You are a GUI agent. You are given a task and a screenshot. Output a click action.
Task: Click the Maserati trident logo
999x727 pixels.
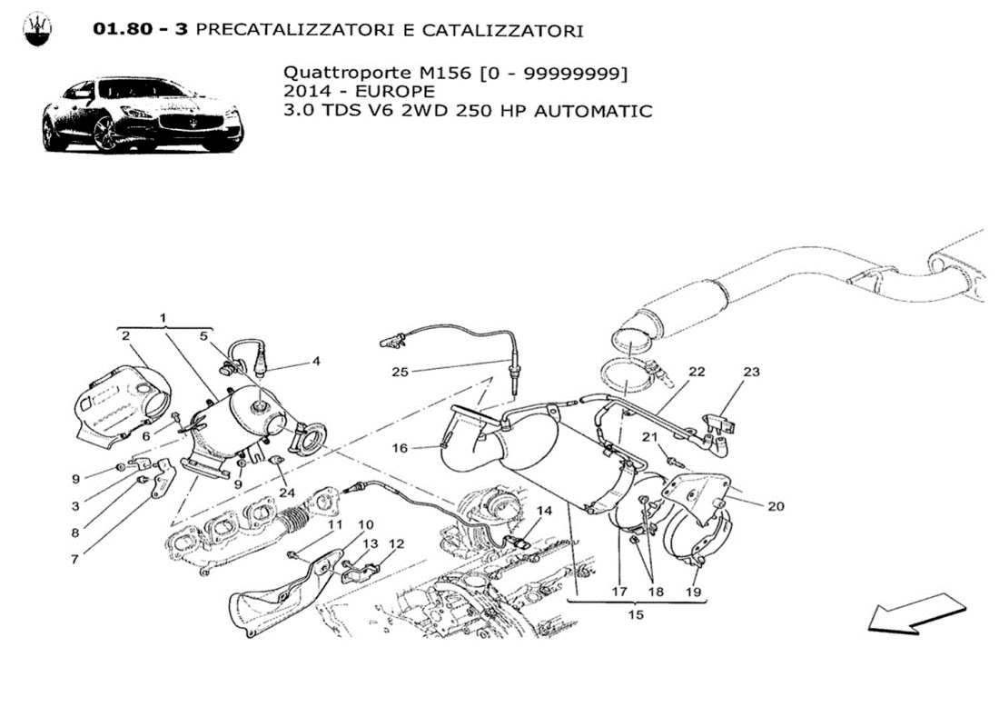pyautogui.click(x=37, y=30)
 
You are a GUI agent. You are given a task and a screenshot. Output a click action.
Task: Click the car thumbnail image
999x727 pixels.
pyautogui.click(x=143, y=115)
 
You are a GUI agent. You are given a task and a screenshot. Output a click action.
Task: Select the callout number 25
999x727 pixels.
pyautogui.click(x=401, y=372)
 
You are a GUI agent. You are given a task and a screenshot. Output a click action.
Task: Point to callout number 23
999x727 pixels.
pyautogui.click(x=751, y=372)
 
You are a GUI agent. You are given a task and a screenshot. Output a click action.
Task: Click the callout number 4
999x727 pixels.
pyautogui.click(x=316, y=361)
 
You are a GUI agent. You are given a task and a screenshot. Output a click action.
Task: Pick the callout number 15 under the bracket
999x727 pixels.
pyautogui.click(x=636, y=615)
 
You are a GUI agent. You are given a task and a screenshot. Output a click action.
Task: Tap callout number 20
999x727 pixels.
pyautogui.click(x=775, y=506)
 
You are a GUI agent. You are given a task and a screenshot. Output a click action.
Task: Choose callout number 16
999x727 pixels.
pyautogui.click(x=401, y=448)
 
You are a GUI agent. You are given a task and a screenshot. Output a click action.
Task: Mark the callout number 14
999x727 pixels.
pyautogui.click(x=543, y=511)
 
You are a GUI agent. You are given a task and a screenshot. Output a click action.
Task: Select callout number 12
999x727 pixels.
pyautogui.click(x=396, y=544)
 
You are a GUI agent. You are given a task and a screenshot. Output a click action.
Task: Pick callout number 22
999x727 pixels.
pyautogui.click(x=697, y=372)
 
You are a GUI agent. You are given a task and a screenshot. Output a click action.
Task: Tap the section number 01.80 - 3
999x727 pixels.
pyautogui.click(x=140, y=31)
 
